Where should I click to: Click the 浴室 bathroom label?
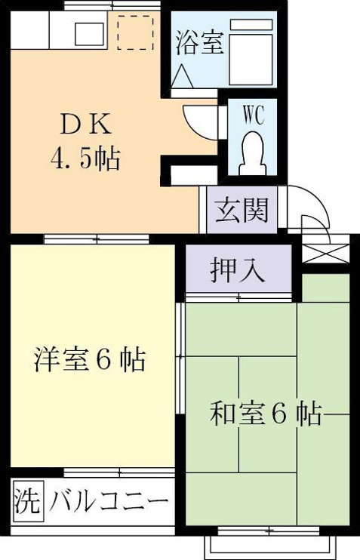tap(200, 43)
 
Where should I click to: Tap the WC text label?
tap(254, 115)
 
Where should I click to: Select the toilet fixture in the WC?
tap(254, 153)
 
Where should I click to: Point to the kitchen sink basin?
tap(90, 34)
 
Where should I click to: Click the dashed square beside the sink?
tap(135, 32)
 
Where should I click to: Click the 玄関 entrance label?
tap(242, 210)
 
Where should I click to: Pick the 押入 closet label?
tap(238, 270)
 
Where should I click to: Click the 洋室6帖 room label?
tap(90, 360)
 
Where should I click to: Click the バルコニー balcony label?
tap(109, 503)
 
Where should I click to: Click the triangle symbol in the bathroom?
tap(182, 76)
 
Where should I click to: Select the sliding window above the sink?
tap(112, 6)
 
